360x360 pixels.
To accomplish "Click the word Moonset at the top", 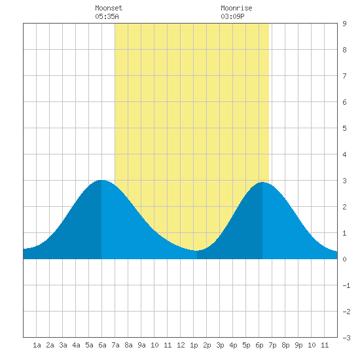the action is [x=109, y=8].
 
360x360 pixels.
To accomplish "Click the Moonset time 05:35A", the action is [x=107, y=16].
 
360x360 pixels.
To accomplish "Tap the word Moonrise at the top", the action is [x=236, y=8].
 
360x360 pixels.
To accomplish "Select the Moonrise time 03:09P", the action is [x=232, y=16].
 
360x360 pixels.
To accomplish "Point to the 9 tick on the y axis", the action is [x=344, y=24].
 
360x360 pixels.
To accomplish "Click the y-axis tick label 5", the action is [x=344, y=128].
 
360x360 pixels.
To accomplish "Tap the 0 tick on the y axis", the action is [x=344, y=259].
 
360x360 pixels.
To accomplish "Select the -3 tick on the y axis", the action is [x=346, y=338].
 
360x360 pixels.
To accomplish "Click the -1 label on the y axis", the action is [x=346, y=285].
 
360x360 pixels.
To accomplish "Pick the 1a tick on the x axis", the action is [x=37, y=345].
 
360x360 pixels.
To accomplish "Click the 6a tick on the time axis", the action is [x=102, y=345].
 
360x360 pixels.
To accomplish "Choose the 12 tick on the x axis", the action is [x=181, y=345].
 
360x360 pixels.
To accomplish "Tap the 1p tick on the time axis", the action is [x=194, y=345].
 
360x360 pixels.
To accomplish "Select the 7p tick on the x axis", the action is [x=272, y=345].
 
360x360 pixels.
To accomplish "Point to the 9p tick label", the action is [x=298, y=345].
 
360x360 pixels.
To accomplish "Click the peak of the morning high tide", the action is [x=101, y=180].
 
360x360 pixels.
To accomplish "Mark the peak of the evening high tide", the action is [x=262, y=183].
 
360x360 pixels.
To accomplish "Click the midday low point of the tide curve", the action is [x=196, y=251].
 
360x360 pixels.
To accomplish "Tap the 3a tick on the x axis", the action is [x=63, y=345].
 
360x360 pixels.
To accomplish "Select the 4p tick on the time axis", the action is [x=233, y=345].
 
